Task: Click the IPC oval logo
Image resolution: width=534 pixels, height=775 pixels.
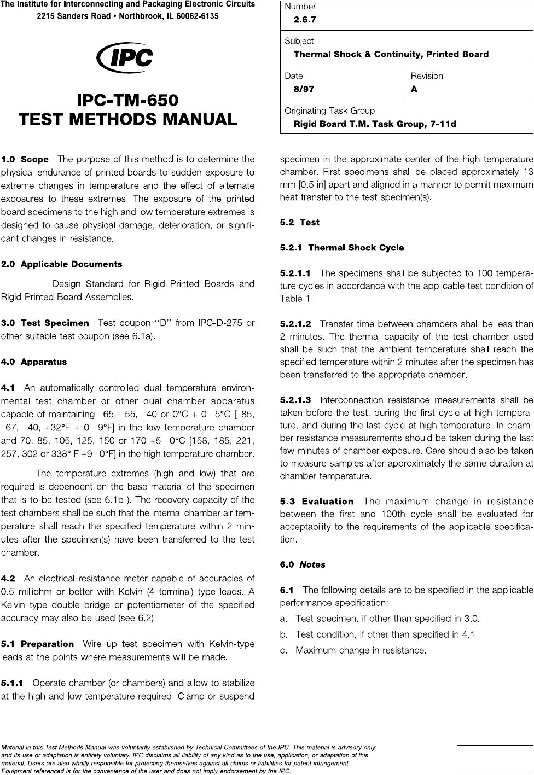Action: pyautogui.click(x=124, y=58)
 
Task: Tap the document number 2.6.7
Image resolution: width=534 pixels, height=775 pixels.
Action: pyautogui.click(x=305, y=20)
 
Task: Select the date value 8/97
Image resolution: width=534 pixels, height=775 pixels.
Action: pyautogui.click(x=304, y=89)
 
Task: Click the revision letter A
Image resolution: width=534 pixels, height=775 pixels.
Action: pyautogui.click(x=414, y=89)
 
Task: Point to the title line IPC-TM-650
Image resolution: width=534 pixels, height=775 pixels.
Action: pyautogui.click(x=127, y=101)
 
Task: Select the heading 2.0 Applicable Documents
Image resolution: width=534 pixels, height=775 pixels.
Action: pyautogui.click(x=61, y=264)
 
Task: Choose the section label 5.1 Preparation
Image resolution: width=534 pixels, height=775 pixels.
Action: pyautogui.click(x=38, y=644)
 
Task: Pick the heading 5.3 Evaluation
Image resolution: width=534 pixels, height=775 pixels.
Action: pyautogui.click(x=317, y=502)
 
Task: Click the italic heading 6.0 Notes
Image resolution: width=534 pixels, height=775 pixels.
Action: pyautogui.click(x=303, y=564)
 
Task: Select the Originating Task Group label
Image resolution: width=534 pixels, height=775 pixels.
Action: pyautogui.click(x=329, y=111)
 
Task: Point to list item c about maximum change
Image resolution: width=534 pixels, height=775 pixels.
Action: pyautogui.click(x=360, y=651)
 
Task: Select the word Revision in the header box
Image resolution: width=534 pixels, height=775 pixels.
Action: pyautogui.click(x=427, y=76)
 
